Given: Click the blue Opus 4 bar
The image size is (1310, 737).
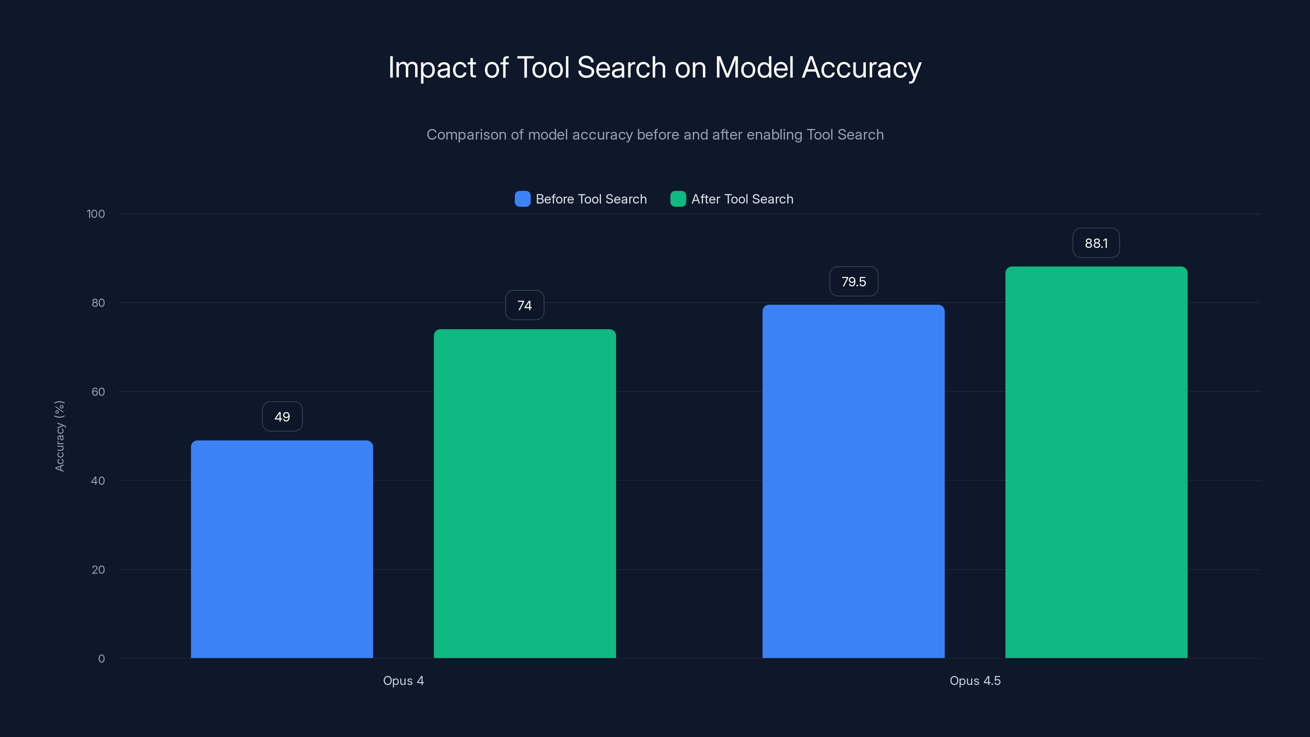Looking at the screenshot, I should [282, 549].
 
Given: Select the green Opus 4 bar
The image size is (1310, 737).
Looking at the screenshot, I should [524, 493].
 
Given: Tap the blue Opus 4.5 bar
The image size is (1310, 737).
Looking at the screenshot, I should [853, 481].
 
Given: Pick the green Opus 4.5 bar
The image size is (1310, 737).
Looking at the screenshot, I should [1096, 462].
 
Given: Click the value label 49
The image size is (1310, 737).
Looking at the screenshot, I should [282, 416].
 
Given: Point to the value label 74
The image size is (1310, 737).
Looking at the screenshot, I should [524, 305].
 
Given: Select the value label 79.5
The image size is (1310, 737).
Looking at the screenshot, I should [853, 281].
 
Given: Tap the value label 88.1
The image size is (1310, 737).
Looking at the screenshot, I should [1096, 243].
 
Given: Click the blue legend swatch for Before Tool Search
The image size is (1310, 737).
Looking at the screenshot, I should [522, 199].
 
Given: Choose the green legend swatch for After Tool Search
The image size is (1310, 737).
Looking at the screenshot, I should [678, 199].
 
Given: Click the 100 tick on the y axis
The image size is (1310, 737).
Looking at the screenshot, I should [96, 214].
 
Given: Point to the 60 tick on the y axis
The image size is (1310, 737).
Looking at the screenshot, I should [98, 392].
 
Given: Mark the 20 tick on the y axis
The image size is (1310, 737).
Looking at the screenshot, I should [98, 570].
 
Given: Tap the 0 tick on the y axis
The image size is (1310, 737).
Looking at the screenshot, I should [101, 659].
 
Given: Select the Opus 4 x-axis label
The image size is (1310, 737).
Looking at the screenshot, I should [403, 680].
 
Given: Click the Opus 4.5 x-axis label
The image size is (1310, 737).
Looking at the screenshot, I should [975, 680].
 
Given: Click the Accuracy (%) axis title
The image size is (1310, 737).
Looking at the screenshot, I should [59, 436].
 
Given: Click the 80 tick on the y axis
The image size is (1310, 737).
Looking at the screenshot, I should [98, 303].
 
